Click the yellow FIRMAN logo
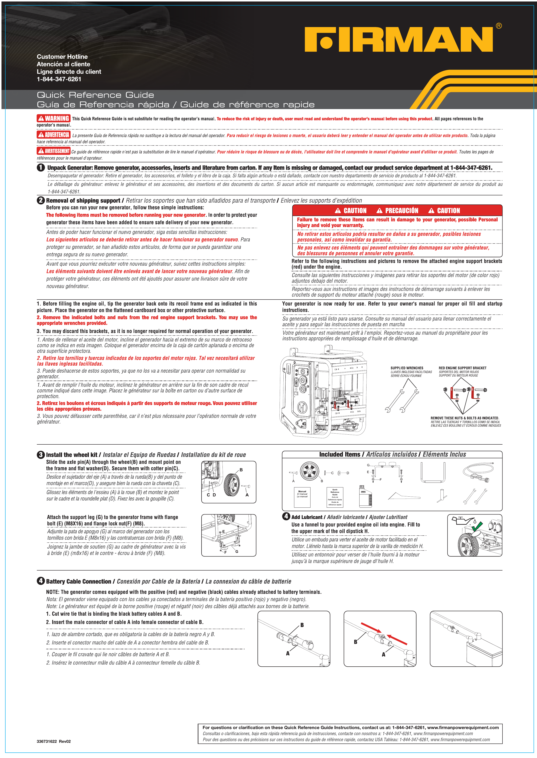coord(398,39)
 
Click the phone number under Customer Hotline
coord(59,79)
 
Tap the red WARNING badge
coord(53,118)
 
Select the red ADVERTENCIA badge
coord(53,135)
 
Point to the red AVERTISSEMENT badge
coord(53,151)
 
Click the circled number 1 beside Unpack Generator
coord(41,168)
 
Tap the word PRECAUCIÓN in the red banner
coord(401,210)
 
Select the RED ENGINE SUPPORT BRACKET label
coord(462,368)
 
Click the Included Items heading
coord(340,455)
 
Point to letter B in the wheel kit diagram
coord(241,470)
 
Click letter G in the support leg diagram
coord(237,551)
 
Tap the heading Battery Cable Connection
coord(78,581)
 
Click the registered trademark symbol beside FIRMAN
coord(499,26)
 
